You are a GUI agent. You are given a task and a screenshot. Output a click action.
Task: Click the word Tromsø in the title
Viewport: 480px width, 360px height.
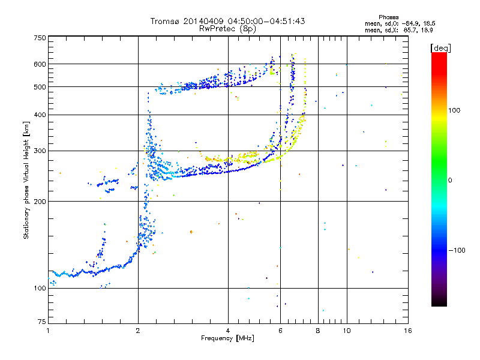[x=166, y=21]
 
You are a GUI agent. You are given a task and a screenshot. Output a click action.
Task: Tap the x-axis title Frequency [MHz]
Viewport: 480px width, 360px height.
[x=228, y=338]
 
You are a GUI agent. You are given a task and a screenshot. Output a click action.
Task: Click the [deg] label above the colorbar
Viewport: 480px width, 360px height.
[x=440, y=47]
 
